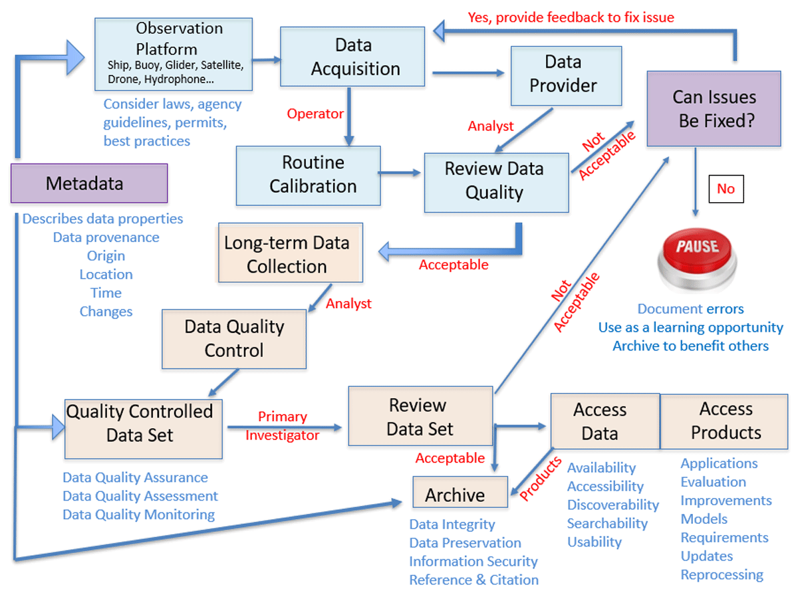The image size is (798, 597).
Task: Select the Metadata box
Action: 89,183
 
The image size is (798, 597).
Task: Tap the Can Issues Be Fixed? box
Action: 714,108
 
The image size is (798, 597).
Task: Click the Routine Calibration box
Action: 309,175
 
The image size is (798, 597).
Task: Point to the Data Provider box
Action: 566,75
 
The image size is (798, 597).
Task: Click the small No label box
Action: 726,189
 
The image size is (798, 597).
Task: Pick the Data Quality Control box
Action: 234,338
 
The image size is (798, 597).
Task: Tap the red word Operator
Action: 315,114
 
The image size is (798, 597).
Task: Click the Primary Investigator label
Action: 283,426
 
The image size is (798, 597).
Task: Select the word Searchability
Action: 607,523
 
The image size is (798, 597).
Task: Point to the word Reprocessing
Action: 722,574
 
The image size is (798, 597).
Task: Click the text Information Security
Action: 473,561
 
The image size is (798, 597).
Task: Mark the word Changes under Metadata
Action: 106,311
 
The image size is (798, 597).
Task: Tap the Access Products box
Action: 726,421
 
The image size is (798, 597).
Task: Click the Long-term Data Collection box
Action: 291,255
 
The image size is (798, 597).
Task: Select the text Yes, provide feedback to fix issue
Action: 571,17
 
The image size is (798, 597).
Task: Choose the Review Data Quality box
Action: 496,181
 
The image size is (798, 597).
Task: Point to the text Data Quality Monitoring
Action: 138,515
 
